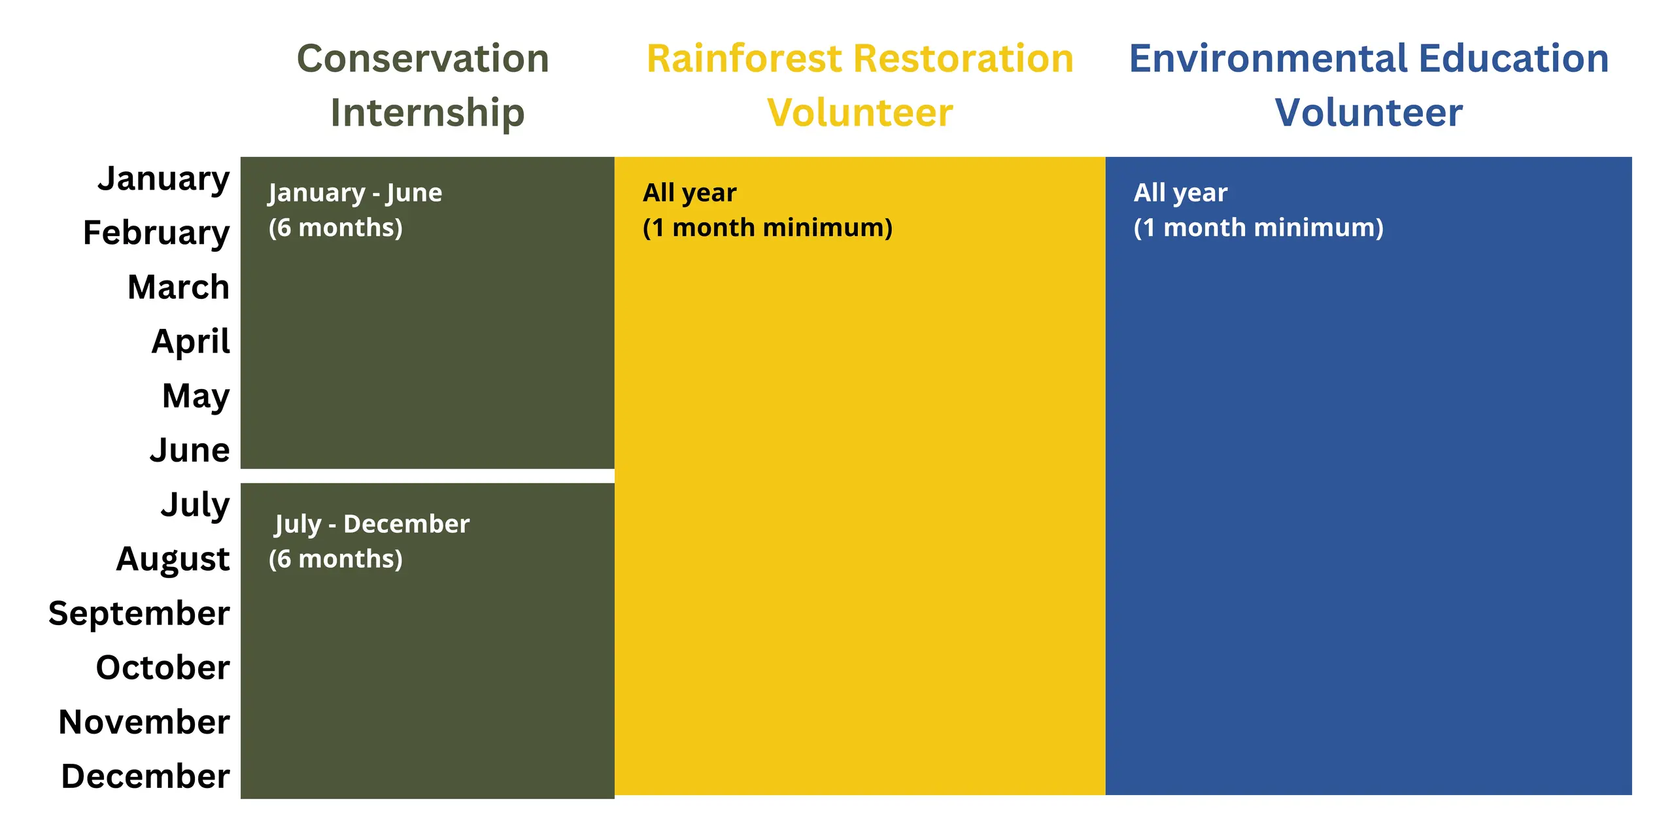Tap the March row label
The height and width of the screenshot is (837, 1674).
click(179, 287)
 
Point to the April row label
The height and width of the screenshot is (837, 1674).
click(191, 342)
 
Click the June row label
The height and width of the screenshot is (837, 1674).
click(190, 450)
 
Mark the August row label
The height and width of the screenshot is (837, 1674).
click(173, 560)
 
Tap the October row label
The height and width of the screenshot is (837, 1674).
click(163, 668)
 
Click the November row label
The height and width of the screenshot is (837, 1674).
click(145, 722)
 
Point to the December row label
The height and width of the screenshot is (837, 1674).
click(146, 776)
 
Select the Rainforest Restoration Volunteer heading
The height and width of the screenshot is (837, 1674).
click(860, 86)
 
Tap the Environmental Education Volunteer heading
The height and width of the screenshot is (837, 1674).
click(1369, 86)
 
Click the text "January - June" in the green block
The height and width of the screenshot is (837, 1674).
click(355, 194)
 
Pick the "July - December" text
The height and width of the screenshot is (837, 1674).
click(372, 524)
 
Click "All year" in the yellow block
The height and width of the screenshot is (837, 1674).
click(690, 194)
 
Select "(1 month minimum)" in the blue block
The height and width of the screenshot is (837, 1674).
click(1259, 228)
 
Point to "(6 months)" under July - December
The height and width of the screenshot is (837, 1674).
click(335, 560)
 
